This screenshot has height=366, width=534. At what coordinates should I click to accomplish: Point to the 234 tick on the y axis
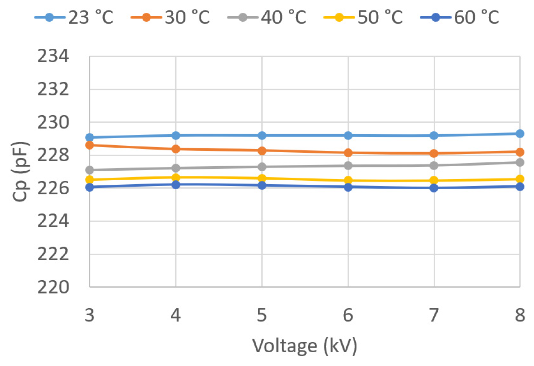pos(53,56)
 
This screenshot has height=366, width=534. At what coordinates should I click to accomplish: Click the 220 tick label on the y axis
pos(53,287)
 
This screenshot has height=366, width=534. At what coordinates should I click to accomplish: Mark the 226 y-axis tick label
pos(53,188)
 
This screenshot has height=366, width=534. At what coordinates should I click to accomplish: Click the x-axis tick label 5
pos(262,315)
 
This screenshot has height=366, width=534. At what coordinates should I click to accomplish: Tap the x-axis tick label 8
pos(520,315)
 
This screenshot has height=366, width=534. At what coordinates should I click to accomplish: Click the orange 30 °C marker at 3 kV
pos(90,145)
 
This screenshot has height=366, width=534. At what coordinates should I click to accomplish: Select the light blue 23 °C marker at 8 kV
pos(520,134)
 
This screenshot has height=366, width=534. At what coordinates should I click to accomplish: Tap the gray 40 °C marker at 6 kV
pos(348,166)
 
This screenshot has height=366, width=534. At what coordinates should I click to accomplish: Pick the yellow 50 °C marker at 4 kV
pos(176,178)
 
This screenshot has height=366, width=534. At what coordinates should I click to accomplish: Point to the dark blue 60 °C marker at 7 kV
pos(434,188)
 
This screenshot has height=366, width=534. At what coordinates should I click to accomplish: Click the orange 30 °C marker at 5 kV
pos(262,151)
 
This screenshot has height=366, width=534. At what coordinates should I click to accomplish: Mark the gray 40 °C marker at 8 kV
pos(520,162)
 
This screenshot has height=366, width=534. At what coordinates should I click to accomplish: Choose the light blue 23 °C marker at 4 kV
pos(176,136)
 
